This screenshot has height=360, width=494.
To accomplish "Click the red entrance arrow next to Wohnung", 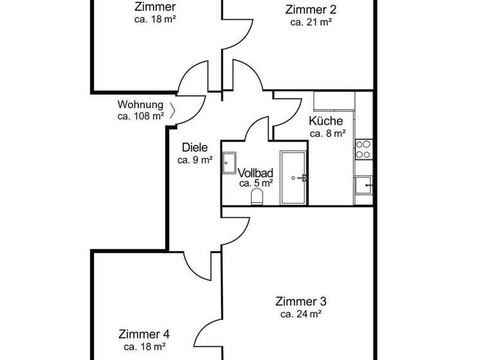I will (x=173, y=110).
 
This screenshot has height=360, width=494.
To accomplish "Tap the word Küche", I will (x=326, y=121).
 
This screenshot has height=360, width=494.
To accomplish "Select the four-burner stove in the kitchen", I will (x=363, y=149).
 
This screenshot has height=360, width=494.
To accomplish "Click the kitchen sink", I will (x=363, y=185).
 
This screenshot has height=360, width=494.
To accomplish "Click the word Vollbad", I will (x=256, y=173).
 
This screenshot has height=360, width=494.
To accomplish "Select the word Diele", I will (x=195, y=147).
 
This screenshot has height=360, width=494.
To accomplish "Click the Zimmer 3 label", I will (x=301, y=301).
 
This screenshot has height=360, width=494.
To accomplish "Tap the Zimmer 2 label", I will (x=311, y=9).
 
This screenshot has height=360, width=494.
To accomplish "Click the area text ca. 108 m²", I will (x=140, y=116).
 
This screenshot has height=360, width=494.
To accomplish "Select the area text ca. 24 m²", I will (x=301, y=314).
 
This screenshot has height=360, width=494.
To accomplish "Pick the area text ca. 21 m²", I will (x=311, y=22).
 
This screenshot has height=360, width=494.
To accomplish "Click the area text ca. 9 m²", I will (x=195, y=160).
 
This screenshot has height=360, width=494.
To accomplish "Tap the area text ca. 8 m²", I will (x=328, y=134).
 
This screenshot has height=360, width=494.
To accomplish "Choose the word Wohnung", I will (x=140, y=104).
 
